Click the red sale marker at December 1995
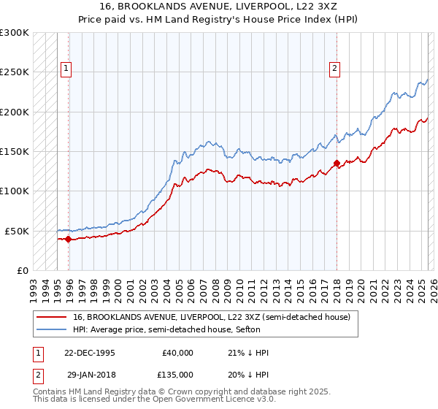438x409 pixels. [68, 239]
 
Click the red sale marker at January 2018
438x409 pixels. [337, 163]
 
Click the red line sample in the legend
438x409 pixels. [50, 317]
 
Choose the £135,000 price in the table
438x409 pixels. [177, 374]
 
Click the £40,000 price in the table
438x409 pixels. [178, 353]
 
